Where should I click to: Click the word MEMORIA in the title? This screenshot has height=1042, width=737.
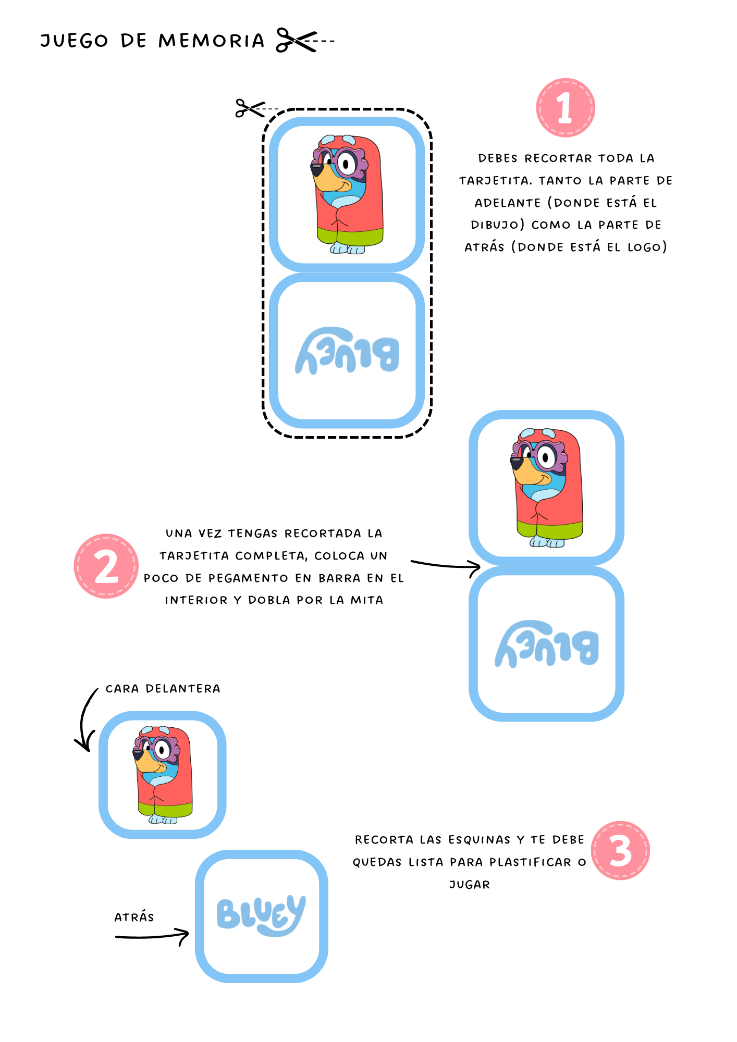tap(212, 41)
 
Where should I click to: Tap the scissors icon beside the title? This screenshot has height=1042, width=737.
tap(297, 40)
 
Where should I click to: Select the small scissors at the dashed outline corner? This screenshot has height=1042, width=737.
tap(250, 108)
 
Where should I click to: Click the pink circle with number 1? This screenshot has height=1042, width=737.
tap(566, 108)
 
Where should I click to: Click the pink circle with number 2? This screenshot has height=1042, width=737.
tap(106, 566)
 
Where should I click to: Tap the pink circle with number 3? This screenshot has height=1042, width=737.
tap(621, 851)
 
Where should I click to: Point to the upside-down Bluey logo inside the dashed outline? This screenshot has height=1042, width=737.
tap(347, 351)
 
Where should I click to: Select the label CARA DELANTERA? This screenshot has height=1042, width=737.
tap(163, 689)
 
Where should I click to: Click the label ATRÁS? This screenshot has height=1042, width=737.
tap(134, 917)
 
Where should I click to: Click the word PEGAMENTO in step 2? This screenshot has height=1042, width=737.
tap(248, 578)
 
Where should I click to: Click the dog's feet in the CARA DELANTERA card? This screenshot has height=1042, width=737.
tap(163, 820)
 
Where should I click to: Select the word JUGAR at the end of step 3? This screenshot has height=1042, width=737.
tap(470, 885)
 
